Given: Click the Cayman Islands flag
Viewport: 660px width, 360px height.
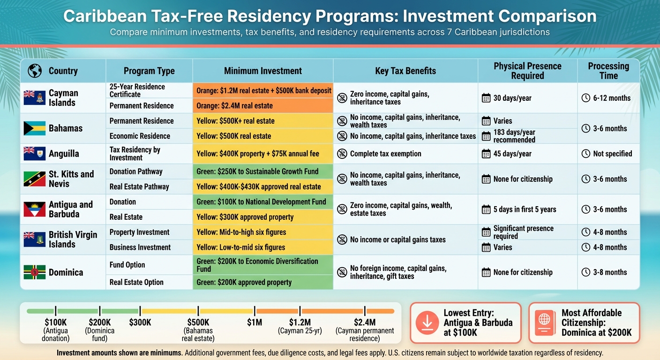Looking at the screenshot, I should [x=34, y=98].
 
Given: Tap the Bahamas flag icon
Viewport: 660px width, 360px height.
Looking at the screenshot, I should [x=34, y=128].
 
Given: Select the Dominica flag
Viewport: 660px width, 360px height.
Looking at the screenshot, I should [x=34, y=272].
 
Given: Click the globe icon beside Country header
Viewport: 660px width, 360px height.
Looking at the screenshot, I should [x=35, y=71].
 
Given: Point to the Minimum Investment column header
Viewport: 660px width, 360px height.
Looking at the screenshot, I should [x=262, y=71].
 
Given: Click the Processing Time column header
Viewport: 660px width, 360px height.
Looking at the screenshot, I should [x=608, y=71].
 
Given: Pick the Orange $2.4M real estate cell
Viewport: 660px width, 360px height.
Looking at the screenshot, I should [x=262, y=105].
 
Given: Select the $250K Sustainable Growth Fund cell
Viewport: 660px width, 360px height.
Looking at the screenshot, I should [x=262, y=171].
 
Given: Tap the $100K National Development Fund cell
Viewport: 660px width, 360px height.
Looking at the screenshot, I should [x=262, y=202].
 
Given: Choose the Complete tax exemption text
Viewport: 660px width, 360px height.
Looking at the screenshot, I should [x=385, y=154].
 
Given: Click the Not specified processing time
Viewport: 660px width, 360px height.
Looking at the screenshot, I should [x=612, y=154].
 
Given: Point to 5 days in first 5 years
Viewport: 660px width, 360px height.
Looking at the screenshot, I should [x=525, y=209].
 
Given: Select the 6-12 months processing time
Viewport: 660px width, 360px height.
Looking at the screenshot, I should [x=612, y=98].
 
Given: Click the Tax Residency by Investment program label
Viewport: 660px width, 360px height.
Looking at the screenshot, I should [x=135, y=154].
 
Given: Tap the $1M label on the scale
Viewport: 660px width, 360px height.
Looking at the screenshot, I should [x=255, y=322].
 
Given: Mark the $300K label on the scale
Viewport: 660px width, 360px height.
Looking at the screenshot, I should [x=140, y=322].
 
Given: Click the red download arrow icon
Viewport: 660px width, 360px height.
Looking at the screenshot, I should [x=427, y=322].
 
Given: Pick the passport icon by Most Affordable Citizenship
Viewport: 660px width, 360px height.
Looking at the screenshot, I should [x=544, y=322].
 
